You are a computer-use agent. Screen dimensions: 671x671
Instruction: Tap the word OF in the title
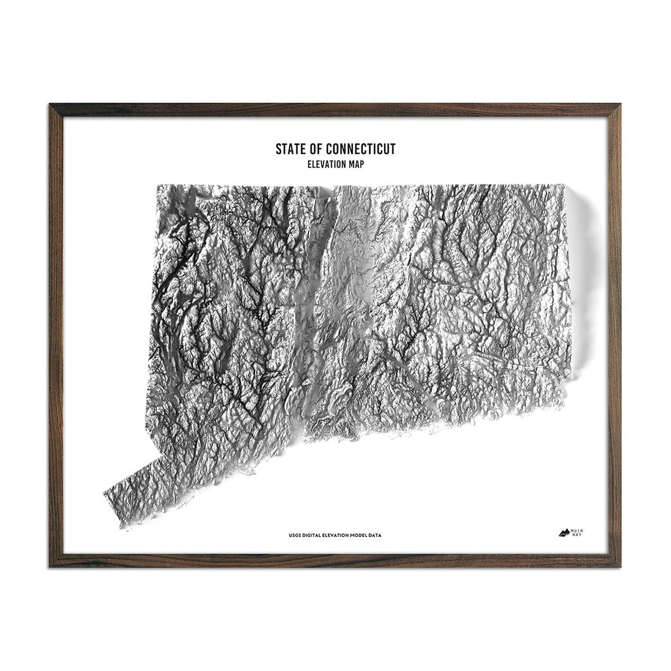click(x=316, y=149)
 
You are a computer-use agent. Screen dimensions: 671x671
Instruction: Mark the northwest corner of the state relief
click(x=157, y=186)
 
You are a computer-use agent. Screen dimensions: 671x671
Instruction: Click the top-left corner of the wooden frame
click(x=50, y=105)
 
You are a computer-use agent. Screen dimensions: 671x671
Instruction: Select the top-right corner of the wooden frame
click(x=621, y=105)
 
